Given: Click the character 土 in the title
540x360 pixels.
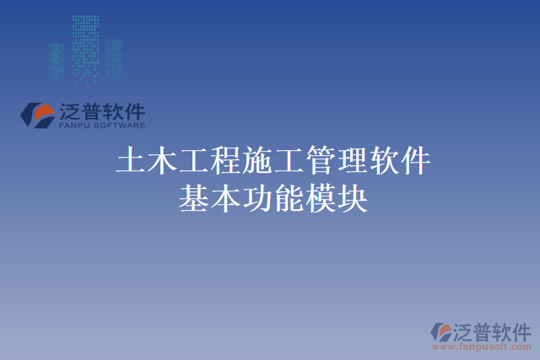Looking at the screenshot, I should click(130, 160).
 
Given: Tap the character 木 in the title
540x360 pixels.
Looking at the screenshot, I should click(161, 160).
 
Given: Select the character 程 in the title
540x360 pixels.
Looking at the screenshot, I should click(225, 160).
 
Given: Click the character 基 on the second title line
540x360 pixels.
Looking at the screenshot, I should click(193, 198).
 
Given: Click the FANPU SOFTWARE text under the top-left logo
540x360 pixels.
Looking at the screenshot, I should click(102, 126).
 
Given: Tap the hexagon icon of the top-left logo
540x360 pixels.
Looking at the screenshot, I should click(38, 116).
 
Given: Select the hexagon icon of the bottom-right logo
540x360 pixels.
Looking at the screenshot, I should click(441, 333).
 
